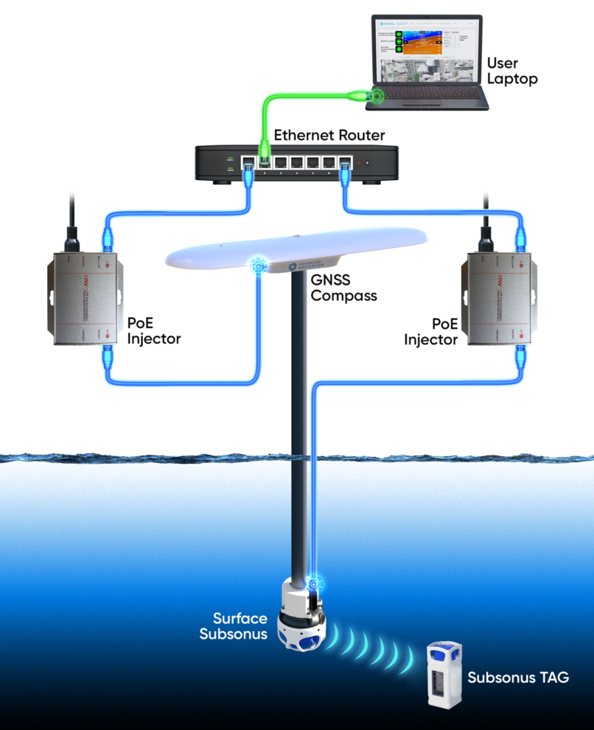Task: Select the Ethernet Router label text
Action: coord(329,136)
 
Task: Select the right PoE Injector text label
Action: coord(431,332)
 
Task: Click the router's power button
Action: coord(368,162)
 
